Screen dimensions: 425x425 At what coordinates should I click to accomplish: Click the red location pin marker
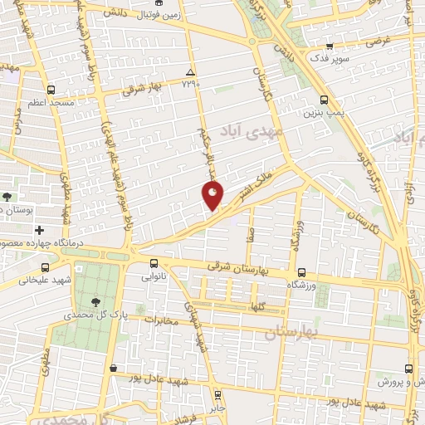(x=212, y=196)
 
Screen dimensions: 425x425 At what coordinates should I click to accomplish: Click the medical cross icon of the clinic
(x=40, y=227)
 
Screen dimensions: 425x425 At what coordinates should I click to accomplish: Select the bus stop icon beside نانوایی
(x=154, y=263)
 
